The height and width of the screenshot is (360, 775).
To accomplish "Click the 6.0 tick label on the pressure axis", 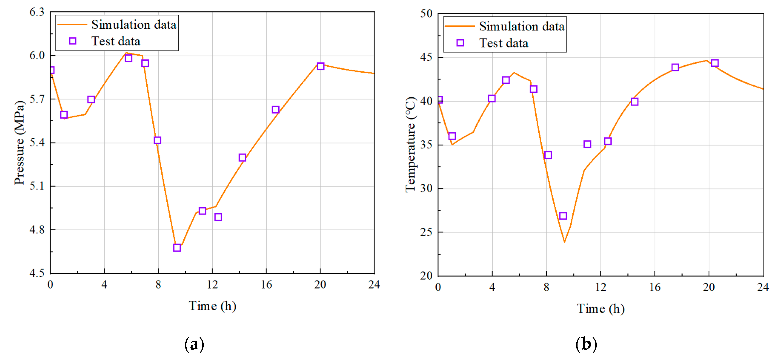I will pyautogui.click(x=37, y=55).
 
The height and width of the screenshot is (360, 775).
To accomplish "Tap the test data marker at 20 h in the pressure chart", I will pyautogui.click(x=320, y=66).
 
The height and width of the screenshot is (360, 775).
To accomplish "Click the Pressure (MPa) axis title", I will pyautogui.click(x=19, y=143).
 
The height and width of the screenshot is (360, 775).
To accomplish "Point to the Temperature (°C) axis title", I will pyautogui.click(x=410, y=145).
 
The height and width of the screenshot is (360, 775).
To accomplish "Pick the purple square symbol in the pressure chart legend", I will pyautogui.click(x=73, y=41).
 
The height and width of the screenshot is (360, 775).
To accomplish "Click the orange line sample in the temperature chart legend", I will pyautogui.click(x=460, y=26).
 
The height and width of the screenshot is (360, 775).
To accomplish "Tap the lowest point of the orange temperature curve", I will pyautogui.click(x=564, y=242).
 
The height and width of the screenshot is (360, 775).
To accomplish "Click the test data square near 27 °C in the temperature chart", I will pyautogui.click(x=563, y=216).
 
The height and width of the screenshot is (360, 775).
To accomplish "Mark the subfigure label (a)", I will pyautogui.click(x=194, y=344).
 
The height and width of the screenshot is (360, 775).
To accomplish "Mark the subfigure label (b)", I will pyautogui.click(x=586, y=344).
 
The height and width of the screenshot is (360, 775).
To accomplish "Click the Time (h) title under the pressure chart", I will pyautogui.click(x=212, y=306).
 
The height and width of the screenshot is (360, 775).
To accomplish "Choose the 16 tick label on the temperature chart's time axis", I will pyautogui.click(x=655, y=287).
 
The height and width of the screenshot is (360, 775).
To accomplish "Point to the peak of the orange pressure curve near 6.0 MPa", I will pyautogui.click(x=126, y=53).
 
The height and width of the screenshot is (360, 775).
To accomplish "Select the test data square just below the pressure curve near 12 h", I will pyautogui.click(x=218, y=217).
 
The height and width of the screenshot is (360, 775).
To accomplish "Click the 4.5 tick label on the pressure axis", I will pyautogui.click(x=37, y=273).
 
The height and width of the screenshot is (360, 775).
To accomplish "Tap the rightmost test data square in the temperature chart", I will pyautogui.click(x=715, y=63).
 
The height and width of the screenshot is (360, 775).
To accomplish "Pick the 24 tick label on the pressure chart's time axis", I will pyautogui.click(x=374, y=284).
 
